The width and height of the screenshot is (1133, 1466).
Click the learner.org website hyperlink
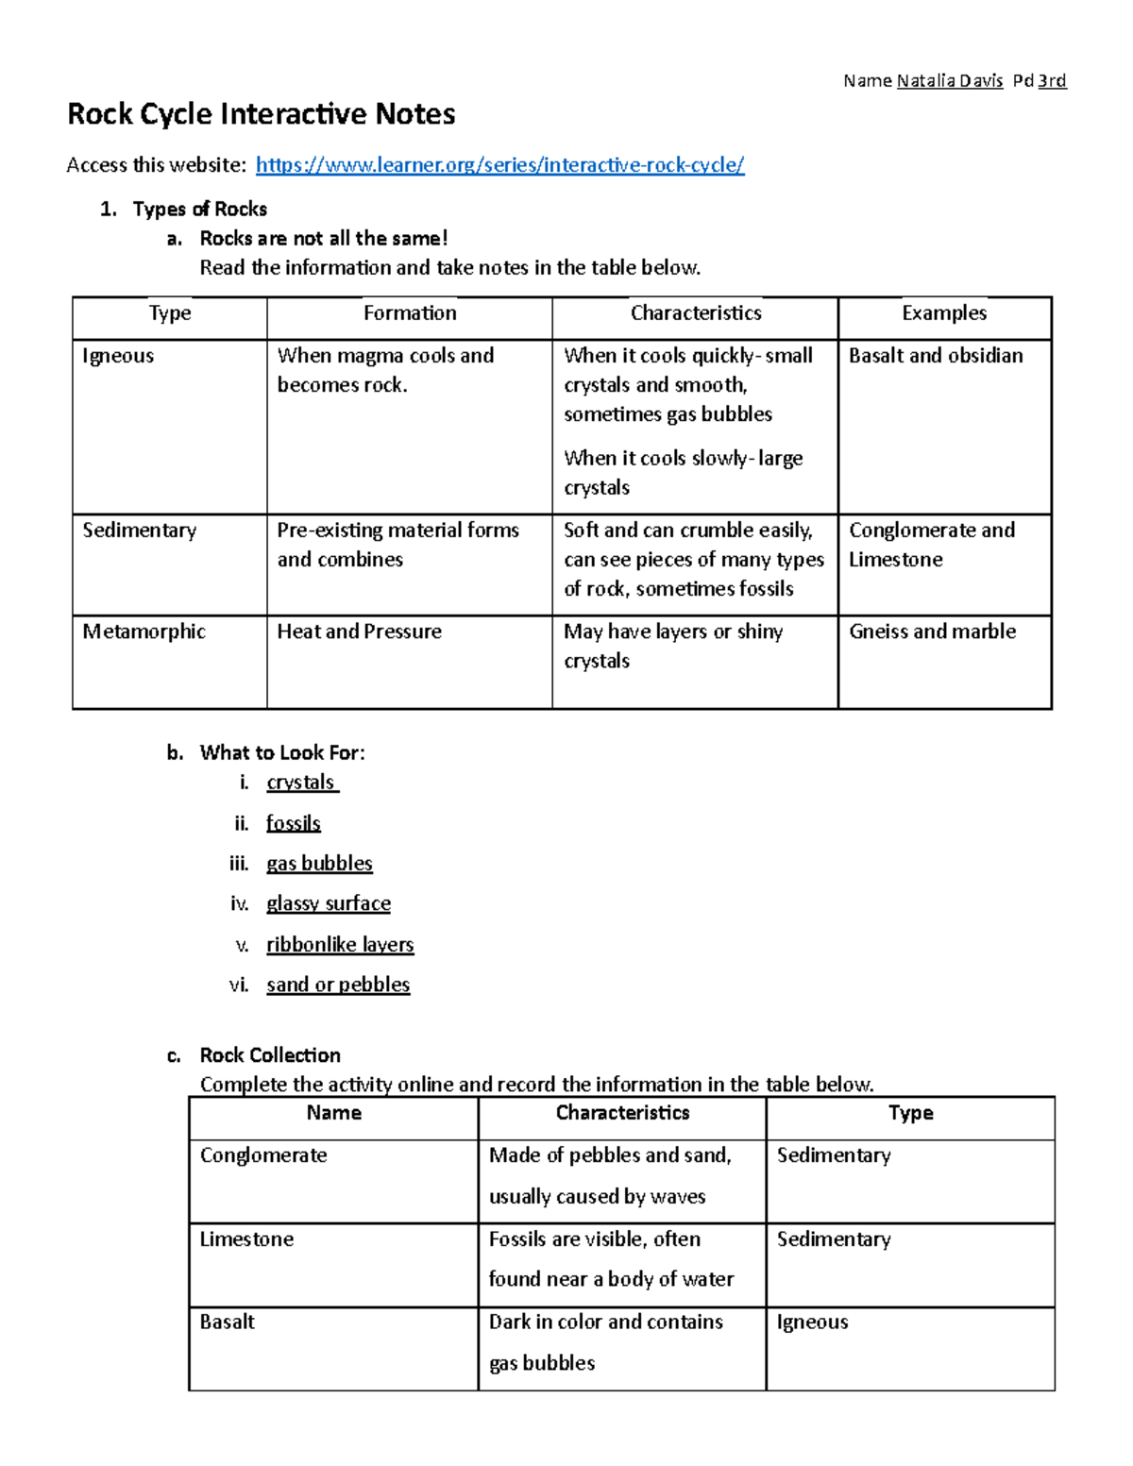click(x=499, y=165)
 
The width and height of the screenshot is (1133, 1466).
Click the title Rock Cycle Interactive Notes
click(x=262, y=114)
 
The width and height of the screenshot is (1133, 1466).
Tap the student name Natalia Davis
click(x=949, y=80)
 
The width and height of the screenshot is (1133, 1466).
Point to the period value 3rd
click(x=1052, y=80)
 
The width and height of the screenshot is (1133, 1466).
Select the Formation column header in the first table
click(x=410, y=313)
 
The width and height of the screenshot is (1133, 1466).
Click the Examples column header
click(x=944, y=313)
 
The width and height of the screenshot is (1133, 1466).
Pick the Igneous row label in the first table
click(x=118, y=356)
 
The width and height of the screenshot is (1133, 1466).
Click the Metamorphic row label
click(x=144, y=632)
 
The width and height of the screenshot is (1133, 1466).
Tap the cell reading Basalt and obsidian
click(x=936, y=356)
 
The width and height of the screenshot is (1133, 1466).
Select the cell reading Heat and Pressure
click(x=359, y=632)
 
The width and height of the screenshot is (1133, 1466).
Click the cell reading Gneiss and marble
click(x=932, y=632)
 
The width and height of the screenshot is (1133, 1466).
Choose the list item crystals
click(x=301, y=783)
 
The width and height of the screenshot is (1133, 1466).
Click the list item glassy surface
click(x=329, y=903)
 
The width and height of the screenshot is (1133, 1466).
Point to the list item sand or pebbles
click(x=338, y=985)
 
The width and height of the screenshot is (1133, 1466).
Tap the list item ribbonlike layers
click(x=340, y=944)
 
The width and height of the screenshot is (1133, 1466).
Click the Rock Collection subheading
click(x=270, y=1055)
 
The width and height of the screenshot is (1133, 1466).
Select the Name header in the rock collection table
click(x=333, y=1113)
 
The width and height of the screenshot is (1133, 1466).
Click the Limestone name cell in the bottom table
click(x=246, y=1239)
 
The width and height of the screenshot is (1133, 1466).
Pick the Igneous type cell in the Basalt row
click(x=812, y=1323)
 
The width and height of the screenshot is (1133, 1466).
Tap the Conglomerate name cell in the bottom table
click(x=263, y=1155)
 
